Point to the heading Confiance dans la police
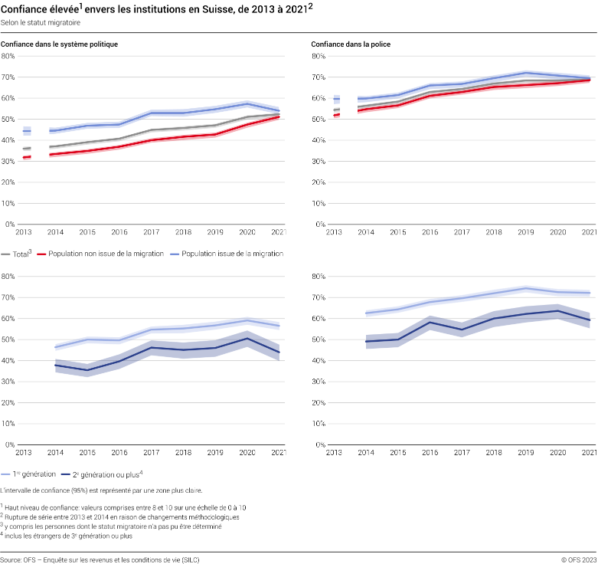[351, 44]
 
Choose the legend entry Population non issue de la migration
[106, 253]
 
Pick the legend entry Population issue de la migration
[230, 253]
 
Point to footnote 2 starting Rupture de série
[120, 517]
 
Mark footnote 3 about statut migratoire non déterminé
[112, 526]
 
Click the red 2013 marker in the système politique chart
[27, 157]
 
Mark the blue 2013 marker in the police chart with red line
[337, 99]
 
